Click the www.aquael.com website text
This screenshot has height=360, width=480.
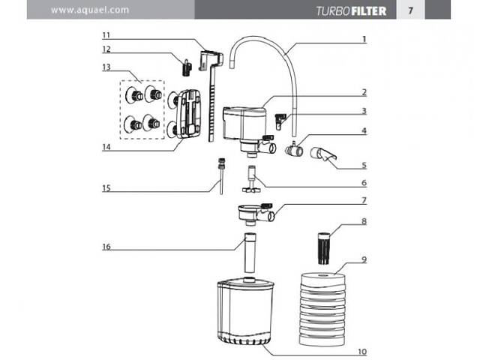coord(90,10)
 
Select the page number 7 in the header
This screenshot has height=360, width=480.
coord(410,10)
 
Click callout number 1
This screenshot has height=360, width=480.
coord(364,38)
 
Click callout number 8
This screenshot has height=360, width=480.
coord(364,221)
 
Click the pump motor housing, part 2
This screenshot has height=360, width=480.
coord(244,124)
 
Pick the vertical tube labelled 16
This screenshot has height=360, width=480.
coord(248,256)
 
